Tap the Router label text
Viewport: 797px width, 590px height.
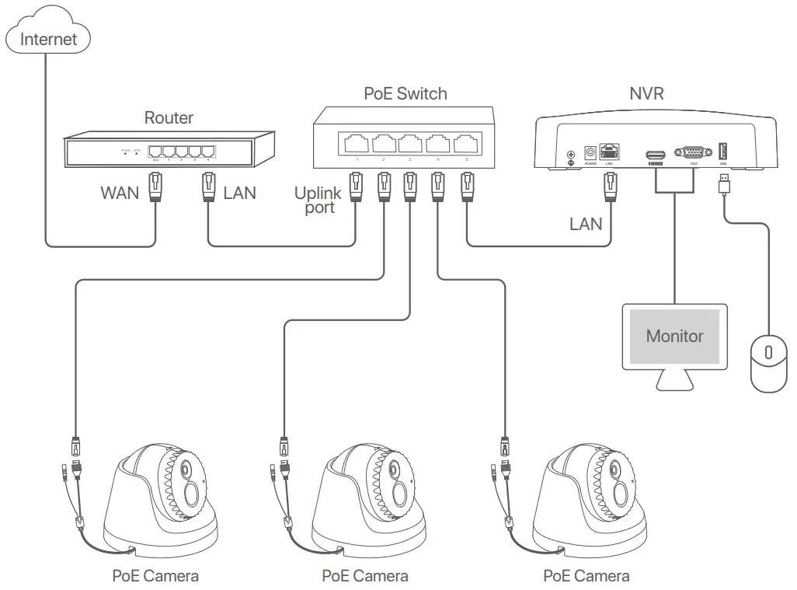pos(169,118)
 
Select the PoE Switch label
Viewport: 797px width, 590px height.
pos(405,94)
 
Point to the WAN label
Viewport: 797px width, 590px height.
pos(120,192)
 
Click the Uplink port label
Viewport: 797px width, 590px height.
pos(318,200)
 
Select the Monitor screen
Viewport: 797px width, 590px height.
pos(674,337)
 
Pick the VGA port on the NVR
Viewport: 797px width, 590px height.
pos(690,152)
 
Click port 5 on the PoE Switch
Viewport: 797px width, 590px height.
pos(465,144)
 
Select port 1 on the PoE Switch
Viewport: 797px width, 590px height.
pos(357,144)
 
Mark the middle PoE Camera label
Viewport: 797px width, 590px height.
pos(364,576)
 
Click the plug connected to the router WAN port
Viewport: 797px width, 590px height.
pos(154,187)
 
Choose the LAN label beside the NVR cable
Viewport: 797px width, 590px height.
pos(586,224)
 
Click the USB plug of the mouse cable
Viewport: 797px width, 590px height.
pos(724,185)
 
